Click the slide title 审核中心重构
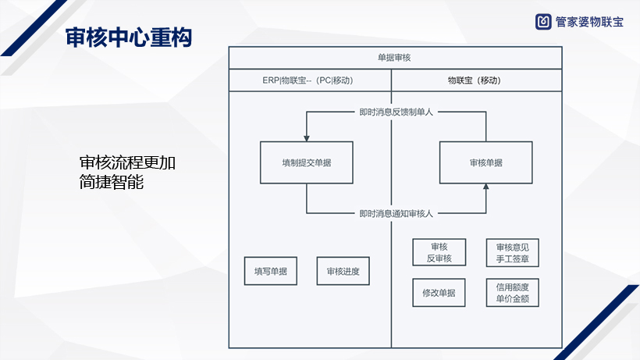pyautogui.click(x=128, y=37)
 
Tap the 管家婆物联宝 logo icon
pyautogui.click(x=543, y=22)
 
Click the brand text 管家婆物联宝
pyautogui.click(x=589, y=22)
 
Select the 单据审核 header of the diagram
pyautogui.click(x=394, y=58)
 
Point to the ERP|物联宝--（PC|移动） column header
pyautogui.click(x=309, y=80)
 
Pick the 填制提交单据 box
pyautogui.click(x=306, y=162)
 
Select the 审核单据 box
pyautogui.click(x=485, y=162)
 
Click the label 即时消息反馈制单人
pyautogui.click(x=395, y=112)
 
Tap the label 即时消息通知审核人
pyautogui.click(x=396, y=212)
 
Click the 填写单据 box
pyautogui.click(x=271, y=271)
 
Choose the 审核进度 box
pyautogui.click(x=343, y=271)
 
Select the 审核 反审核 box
pyautogui.click(x=439, y=253)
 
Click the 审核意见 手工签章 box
pyautogui.click(x=512, y=253)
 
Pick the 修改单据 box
pyautogui.click(x=439, y=292)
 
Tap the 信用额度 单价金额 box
pyautogui.click(x=512, y=292)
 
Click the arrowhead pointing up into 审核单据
pyautogui.click(x=485, y=187)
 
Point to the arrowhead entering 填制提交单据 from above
pyautogui.click(x=306, y=137)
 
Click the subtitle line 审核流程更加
pyautogui.click(x=128, y=163)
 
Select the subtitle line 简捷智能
pyautogui.click(x=112, y=184)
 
